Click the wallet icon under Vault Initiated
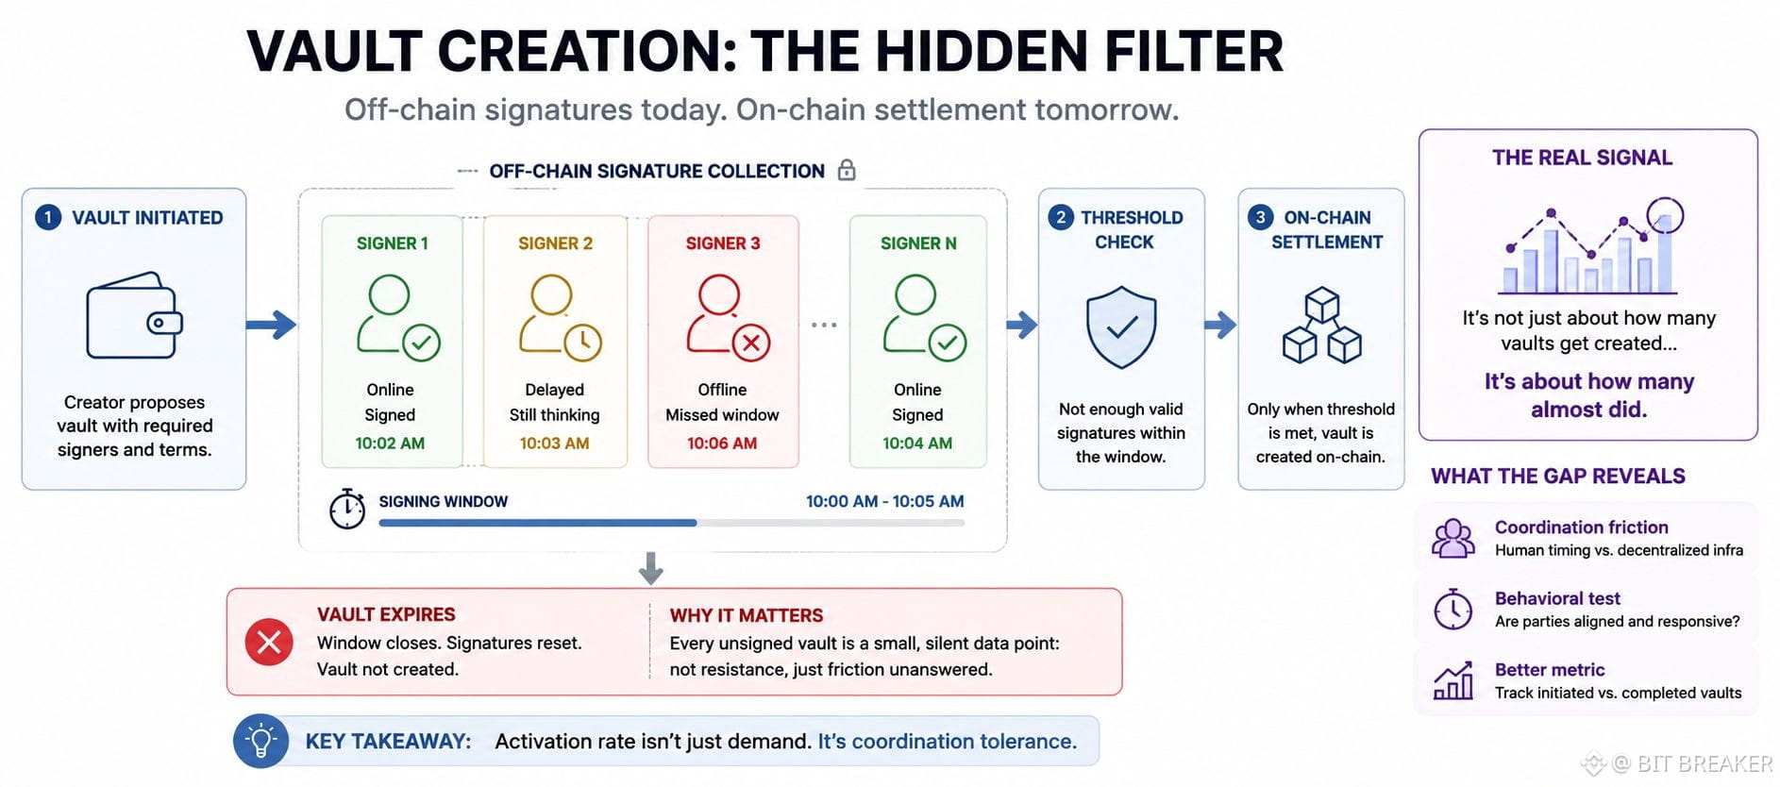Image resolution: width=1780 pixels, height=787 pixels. click(134, 315)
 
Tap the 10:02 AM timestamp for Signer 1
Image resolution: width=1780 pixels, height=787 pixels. click(390, 444)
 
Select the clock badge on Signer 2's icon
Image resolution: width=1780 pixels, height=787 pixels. click(583, 343)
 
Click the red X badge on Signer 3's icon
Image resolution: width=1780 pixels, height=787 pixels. click(751, 343)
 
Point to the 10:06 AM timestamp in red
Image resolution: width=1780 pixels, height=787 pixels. click(722, 444)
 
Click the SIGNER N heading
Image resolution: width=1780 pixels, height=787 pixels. click(918, 243)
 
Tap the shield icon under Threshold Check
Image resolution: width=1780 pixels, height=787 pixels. click(1121, 327)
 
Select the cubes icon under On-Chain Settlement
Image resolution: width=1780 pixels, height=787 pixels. click(1321, 326)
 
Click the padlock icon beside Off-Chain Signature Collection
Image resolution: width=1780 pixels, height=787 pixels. click(847, 170)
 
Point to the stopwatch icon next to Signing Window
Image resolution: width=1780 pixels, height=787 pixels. click(347, 509)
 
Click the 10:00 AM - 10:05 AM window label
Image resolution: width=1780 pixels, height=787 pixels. click(884, 502)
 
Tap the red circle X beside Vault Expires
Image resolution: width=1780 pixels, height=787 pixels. click(269, 643)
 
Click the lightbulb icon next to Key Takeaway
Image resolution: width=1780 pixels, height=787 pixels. click(260, 741)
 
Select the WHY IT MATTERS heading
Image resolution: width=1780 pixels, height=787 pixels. click(747, 615)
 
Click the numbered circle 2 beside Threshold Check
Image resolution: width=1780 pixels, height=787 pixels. click(1061, 217)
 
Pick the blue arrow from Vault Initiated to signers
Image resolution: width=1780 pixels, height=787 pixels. click(272, 326)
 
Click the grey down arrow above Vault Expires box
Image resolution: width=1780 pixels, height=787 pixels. click(650, 568)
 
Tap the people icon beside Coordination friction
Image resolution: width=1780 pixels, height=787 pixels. click(1453, 538)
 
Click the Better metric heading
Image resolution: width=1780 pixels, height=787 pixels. click(1550, 670)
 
